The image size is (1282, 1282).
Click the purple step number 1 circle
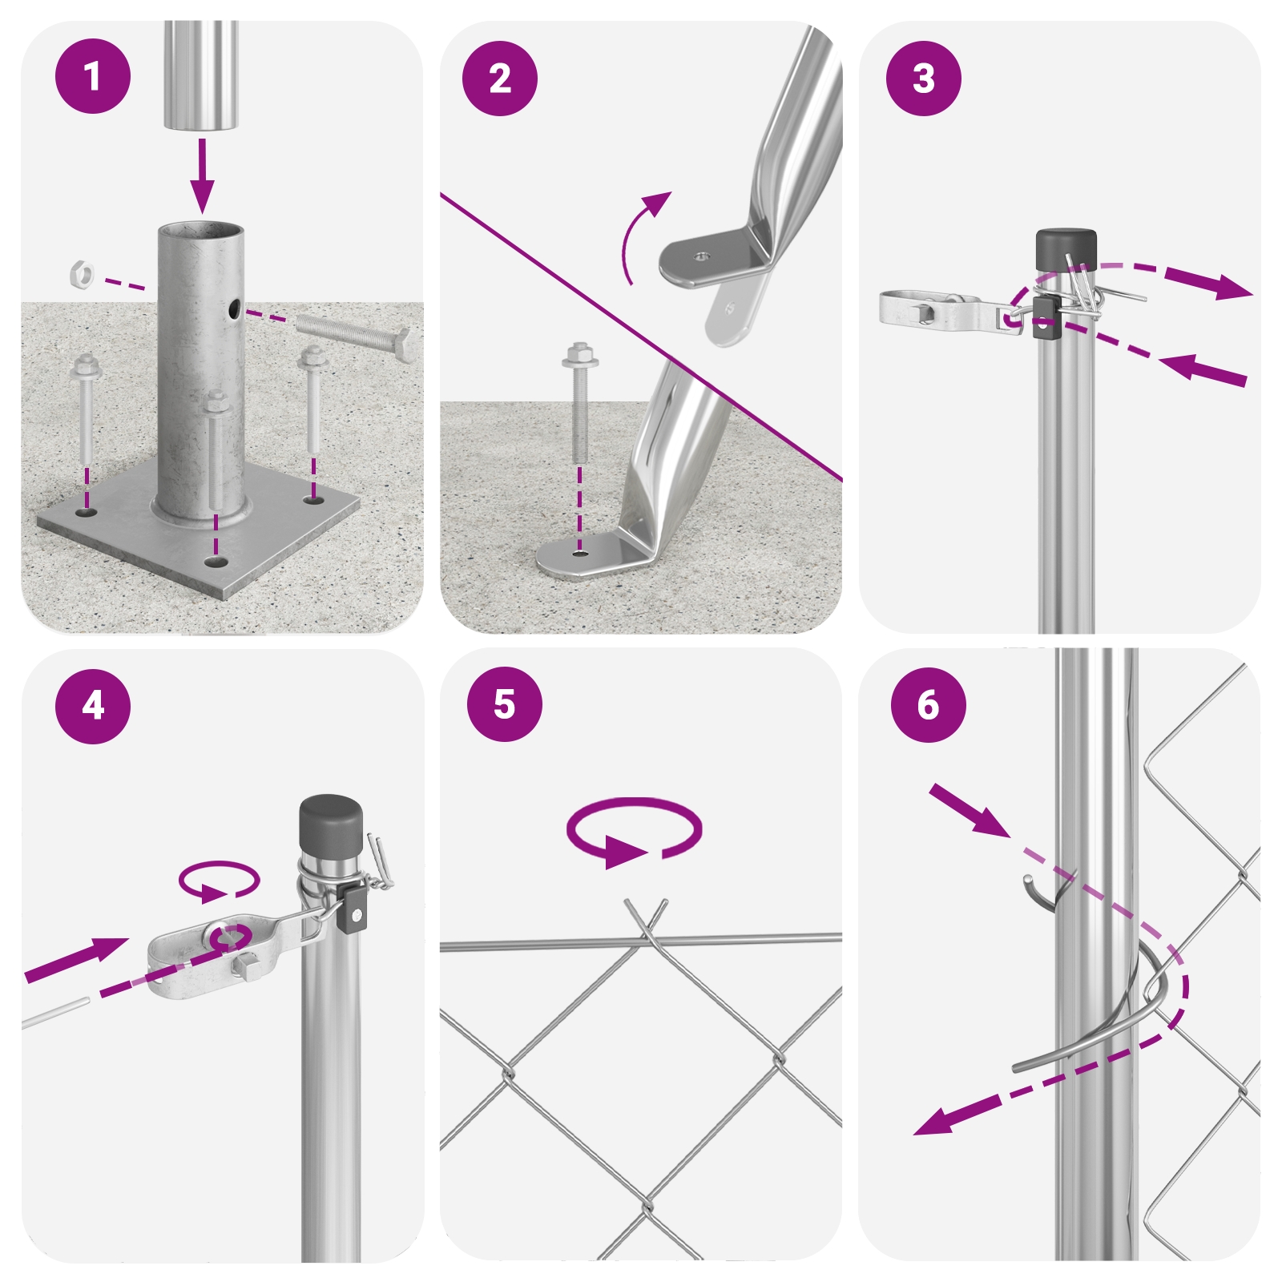[x=93, y=76]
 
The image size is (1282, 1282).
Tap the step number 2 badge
[x=500, y=79]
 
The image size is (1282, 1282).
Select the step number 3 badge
[x=924, y=79]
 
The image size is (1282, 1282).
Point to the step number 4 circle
[x=93, y=706]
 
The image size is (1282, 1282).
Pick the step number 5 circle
[x=505, y=703]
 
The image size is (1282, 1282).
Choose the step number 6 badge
[x=929, y=705]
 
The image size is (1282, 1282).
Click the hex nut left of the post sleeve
[x=81, y=274]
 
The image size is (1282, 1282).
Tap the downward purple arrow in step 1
[x=202, y=176]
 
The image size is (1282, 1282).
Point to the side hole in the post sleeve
[x=233, y=308]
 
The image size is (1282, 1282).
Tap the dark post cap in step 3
[x=1066, y=249]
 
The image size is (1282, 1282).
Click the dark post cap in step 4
[x=331, y=824]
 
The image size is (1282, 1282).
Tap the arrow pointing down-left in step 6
[x=957, y=1114]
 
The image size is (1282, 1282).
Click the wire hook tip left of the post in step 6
[x=1028, y=881]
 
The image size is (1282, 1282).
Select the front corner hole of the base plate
[x=213, y=562]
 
